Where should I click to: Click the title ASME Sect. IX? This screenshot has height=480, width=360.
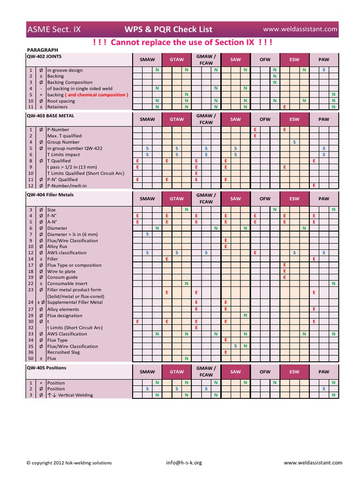[x=54, y=30]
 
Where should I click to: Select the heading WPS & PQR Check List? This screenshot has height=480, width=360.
[x=168, y=30]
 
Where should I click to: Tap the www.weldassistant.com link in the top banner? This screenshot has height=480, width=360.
[x=303, y=29]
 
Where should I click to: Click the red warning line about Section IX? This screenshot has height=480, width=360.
[x=183, y=43]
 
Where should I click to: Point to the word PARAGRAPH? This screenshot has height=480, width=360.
[x=43, y=50]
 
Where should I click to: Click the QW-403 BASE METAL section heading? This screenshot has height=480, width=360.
[x=51, y=115]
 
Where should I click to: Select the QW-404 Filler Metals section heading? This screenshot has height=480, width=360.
[x=50, y=195]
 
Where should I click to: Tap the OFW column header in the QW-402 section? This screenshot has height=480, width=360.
[x=265, y=60]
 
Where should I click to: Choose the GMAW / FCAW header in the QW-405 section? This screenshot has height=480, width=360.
[x=206, y=372]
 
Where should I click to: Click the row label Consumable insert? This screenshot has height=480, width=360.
[x=67, y=284]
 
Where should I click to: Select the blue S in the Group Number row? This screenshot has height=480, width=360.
[x=294, y=142]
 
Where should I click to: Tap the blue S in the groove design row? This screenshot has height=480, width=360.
[x=324, y=70]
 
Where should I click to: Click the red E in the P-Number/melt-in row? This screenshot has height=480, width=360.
[x=314, y=186]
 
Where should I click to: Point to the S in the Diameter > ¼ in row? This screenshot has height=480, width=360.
[x=147, y=234]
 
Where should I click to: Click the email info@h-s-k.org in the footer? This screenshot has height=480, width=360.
[x=184, y=463]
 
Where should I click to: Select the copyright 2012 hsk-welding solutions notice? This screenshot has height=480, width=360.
[x=69, y=463]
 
